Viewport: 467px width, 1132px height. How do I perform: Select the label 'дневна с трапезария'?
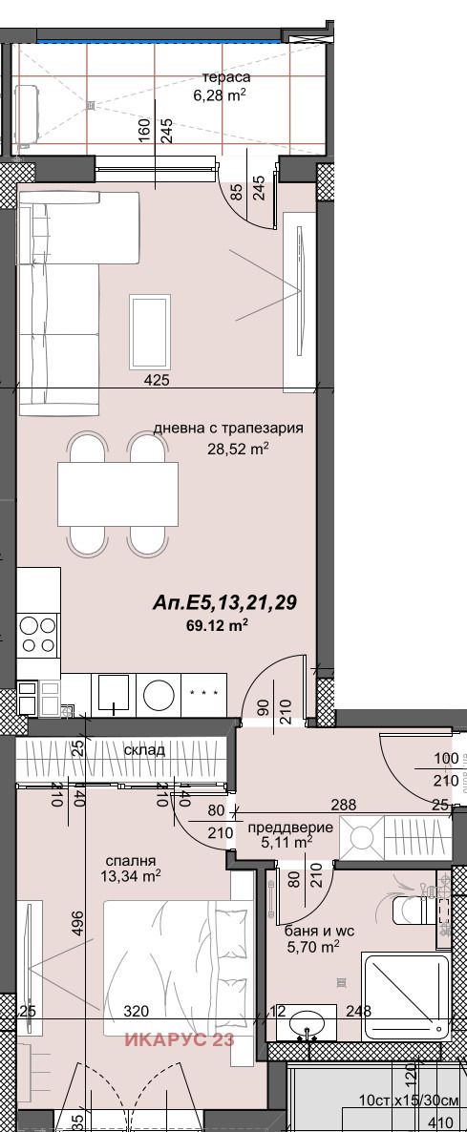click(228, 429)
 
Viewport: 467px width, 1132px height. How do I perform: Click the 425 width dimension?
click(157, 381)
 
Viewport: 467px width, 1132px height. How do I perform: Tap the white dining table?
click(117, 493)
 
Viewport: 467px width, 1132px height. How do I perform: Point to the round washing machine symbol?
click(157, 694)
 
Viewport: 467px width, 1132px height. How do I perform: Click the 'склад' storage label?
click(143, 750)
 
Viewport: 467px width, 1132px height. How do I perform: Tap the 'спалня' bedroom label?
click(132, 859)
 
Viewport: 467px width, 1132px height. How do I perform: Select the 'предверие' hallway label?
click(297, 828)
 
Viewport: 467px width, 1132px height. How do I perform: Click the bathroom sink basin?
click(307, 1022)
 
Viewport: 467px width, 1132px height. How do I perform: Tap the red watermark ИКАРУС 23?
click(178, 1040)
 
